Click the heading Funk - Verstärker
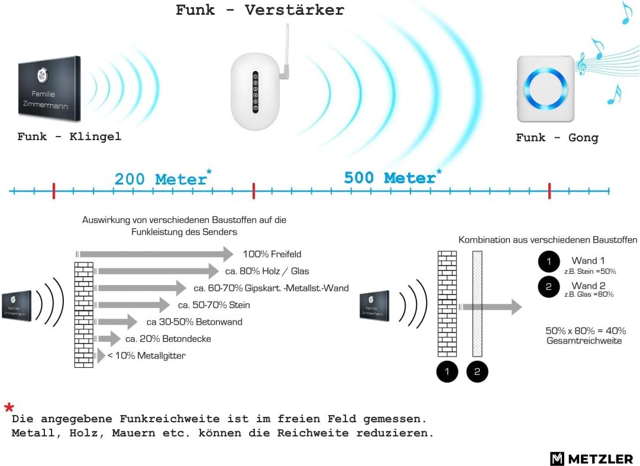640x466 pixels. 260,10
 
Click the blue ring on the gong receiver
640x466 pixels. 546,89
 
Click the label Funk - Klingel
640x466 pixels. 69,136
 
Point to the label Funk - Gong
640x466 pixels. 557,138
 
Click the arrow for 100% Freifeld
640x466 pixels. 155,254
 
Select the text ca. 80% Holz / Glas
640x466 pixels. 267,271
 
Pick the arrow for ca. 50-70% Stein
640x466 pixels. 132,305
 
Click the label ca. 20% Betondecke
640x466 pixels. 168,339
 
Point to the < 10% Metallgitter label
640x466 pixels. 146,356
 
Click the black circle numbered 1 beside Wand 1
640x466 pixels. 548,261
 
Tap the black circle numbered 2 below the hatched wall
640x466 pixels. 477,372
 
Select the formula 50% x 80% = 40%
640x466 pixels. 586,331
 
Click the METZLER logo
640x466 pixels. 591,459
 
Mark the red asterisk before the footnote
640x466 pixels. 9,407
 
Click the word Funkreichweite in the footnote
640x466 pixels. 169,419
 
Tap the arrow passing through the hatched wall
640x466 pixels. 490,307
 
